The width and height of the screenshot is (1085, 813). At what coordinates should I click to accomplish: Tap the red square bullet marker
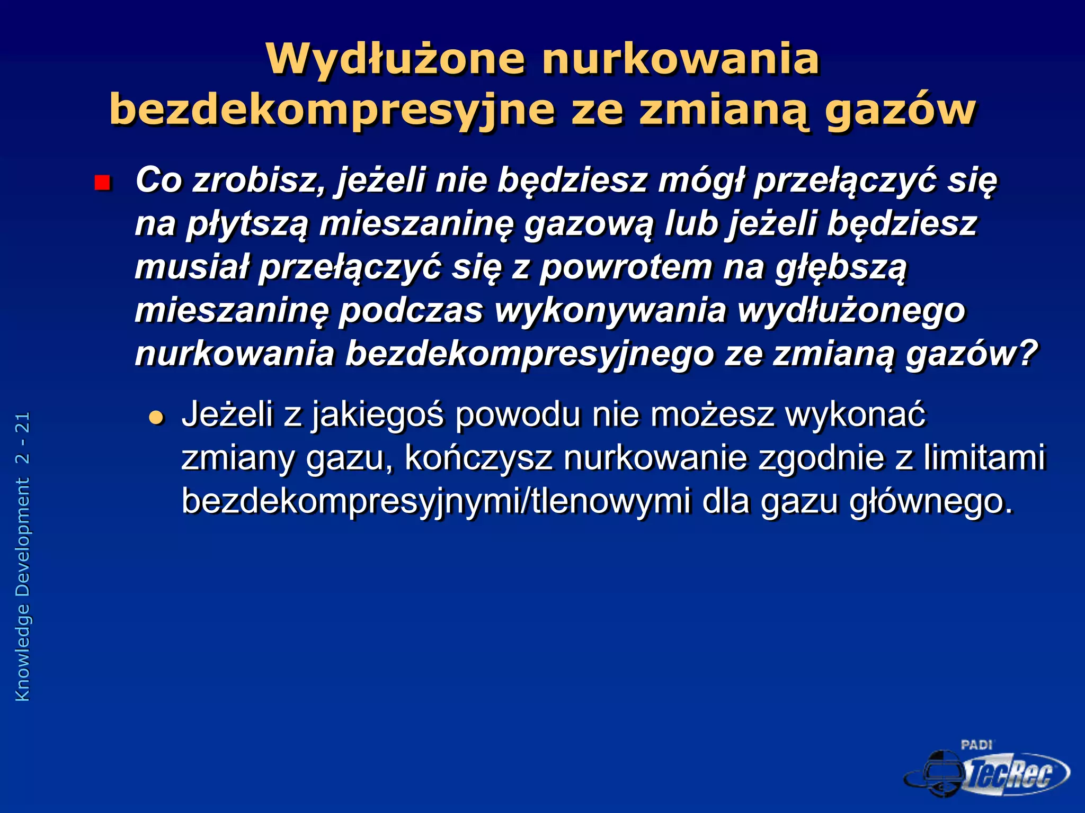tap(102, 183)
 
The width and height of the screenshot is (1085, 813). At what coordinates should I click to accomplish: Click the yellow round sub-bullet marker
tap(156, 418)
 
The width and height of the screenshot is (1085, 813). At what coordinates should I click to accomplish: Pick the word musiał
tap(191, 267)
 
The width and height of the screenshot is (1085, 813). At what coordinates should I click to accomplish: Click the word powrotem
tap(626, 267)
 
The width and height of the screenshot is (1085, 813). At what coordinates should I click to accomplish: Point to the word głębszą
tap(841, 268)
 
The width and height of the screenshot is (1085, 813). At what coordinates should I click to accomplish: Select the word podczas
tap(411, 310)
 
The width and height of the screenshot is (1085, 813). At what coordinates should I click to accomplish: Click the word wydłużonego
tap(851, 310)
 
